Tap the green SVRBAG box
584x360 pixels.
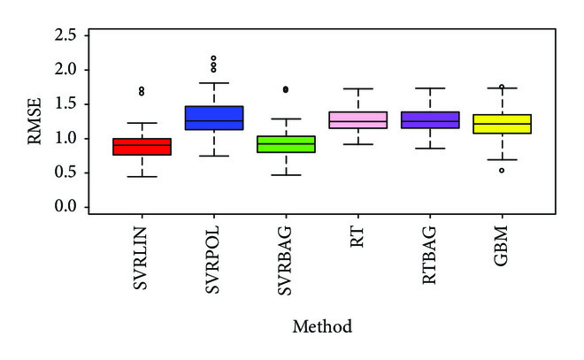point(286,143)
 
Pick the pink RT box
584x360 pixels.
point(357,120)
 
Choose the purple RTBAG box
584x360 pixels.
point(430,119)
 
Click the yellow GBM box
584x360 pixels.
point(502,124)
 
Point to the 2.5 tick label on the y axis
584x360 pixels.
point(76,35)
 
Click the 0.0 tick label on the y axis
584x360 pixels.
point(76,207)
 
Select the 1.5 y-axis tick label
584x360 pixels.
point(76,104)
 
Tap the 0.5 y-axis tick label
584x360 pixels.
point(76,172)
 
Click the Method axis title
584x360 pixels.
point(322,326)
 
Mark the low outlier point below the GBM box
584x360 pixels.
point(502,170)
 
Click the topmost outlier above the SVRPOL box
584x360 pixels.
point(213,58)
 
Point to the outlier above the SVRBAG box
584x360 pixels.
point(285,89)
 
